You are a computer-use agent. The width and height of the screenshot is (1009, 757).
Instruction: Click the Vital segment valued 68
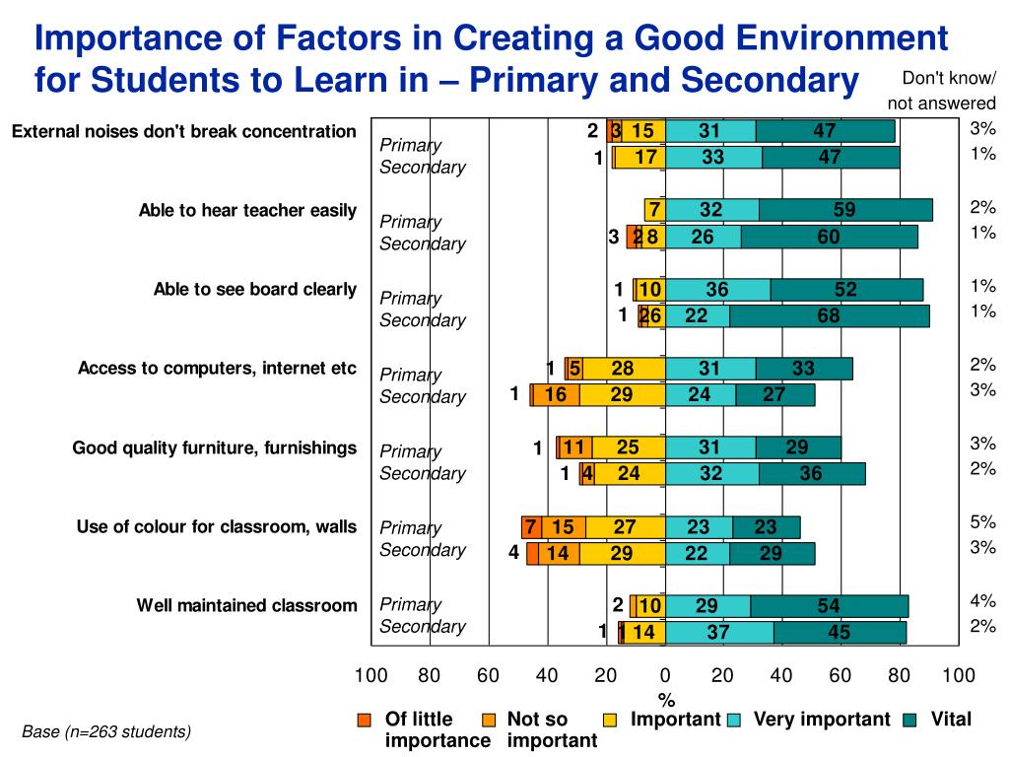pos(829,315)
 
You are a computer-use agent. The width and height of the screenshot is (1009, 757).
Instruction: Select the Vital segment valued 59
pos(844,210)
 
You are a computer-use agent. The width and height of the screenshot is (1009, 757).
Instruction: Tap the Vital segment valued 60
pos(829,237)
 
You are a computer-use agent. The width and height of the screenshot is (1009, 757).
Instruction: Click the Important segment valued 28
pos(623,369)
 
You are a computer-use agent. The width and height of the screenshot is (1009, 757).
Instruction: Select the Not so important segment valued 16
pos(556,395)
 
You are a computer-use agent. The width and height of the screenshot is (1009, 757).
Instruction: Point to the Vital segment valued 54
pos(829,606)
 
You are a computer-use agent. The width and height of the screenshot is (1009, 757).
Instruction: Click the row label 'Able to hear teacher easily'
pos(247,210)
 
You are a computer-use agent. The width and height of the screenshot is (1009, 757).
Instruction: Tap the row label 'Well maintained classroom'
pos(246,605)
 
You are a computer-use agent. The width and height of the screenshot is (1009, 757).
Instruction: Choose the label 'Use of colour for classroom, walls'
pos(217,526)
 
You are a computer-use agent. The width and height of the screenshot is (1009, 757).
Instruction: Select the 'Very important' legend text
pos(821,720)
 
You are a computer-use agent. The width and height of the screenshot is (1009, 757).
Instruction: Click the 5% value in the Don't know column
pos(982,522)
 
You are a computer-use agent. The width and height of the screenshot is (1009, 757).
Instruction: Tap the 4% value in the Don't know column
pos(982,600)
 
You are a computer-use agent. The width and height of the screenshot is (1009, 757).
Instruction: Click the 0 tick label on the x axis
pos(665,676)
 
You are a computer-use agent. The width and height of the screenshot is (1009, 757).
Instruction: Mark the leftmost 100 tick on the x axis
pos(371,676)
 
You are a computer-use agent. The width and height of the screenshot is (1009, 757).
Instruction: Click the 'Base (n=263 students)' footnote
pos(106,731)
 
